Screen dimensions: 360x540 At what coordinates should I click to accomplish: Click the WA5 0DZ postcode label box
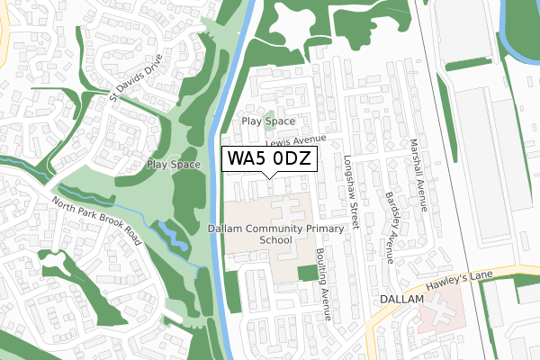(x=270, y=159)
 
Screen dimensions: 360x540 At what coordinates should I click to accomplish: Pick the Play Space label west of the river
(x=174, y=165)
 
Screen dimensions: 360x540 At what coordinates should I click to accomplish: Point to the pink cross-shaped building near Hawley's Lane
(x=436, y=312)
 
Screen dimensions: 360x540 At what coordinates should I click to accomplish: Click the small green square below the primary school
(x=307, y=273)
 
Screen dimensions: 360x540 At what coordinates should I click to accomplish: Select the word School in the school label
(x=275, y=240)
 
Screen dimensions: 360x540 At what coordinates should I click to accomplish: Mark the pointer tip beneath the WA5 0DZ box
(x=270, y=177)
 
